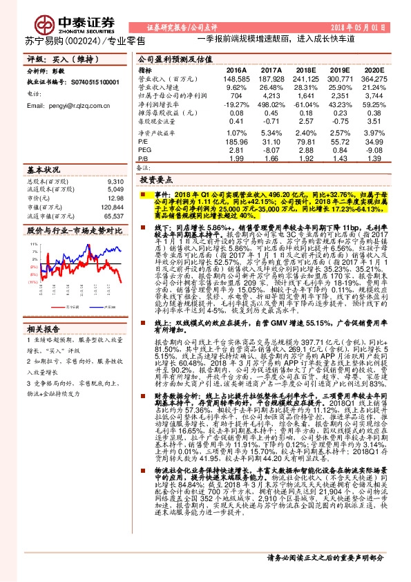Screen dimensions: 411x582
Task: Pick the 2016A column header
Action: click(236, 71)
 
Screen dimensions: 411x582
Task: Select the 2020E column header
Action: click(374, 71)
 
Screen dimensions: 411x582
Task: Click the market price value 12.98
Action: click(116, 198)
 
